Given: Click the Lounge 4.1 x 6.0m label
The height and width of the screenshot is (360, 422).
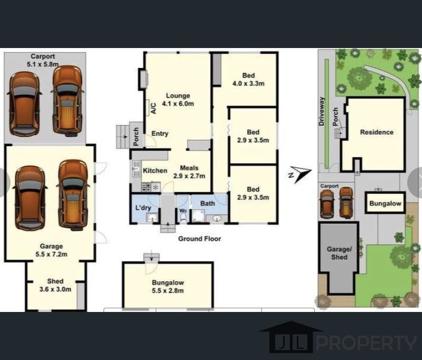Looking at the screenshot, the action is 178,100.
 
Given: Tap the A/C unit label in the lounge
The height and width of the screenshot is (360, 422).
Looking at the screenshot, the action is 153,108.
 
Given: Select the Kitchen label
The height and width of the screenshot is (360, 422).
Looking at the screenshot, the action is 155,170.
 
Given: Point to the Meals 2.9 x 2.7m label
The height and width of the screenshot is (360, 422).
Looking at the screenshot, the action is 189,172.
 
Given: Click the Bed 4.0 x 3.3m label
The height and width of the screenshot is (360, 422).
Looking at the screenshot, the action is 248,79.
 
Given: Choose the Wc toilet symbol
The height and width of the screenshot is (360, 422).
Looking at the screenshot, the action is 183,216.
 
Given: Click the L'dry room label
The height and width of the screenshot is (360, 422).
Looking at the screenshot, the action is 143,208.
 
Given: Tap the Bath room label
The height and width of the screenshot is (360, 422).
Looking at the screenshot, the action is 208,203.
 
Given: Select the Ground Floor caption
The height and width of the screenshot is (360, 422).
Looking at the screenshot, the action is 200,239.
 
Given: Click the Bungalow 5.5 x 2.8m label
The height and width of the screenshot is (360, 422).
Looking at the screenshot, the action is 167,287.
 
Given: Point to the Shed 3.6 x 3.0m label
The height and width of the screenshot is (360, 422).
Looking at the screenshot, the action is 55,285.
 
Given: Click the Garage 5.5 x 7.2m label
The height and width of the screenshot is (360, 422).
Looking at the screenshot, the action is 51,250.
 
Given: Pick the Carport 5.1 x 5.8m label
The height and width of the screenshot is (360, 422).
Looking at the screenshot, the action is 43,60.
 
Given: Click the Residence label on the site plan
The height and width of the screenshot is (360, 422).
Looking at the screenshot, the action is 377,132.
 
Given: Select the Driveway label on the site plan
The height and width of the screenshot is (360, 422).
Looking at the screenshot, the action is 321,111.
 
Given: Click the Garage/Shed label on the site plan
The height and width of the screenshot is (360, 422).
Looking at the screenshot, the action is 339,253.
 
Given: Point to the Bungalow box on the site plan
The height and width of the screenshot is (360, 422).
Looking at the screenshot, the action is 385,203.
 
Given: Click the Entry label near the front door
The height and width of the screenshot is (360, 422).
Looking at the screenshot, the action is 160,134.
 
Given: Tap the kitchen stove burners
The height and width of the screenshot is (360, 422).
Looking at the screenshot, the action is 146,187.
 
